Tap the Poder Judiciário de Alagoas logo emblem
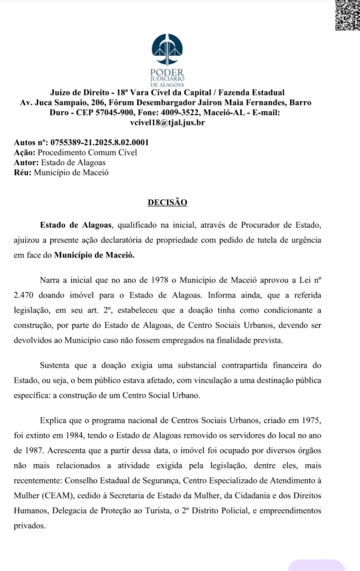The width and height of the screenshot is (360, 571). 167,50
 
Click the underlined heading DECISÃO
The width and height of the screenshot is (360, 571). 167,203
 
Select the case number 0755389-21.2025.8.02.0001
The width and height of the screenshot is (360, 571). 99,142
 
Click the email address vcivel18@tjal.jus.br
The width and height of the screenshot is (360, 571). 167,123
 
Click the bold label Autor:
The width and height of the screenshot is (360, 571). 26,162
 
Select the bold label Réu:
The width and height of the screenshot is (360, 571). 23,172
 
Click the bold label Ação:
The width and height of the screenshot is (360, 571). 25,152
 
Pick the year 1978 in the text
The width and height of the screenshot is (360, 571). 160,280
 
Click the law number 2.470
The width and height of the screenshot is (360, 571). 23,296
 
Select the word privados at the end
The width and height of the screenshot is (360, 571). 30,526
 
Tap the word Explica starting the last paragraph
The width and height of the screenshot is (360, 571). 53,421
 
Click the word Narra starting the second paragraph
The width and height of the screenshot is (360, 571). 50,280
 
